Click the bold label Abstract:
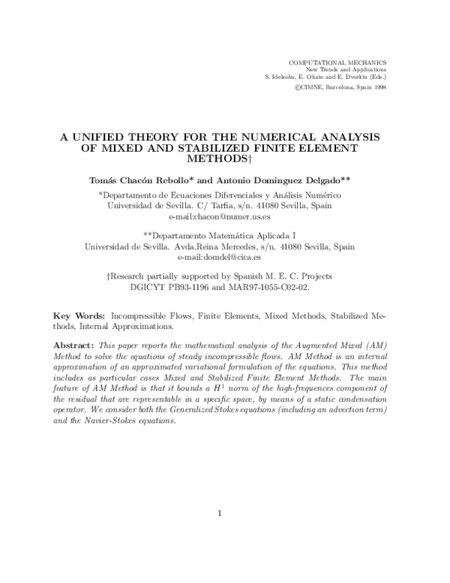(x=77, y=343)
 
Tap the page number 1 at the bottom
(x=220, y=514)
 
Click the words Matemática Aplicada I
(x=263, y=235)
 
